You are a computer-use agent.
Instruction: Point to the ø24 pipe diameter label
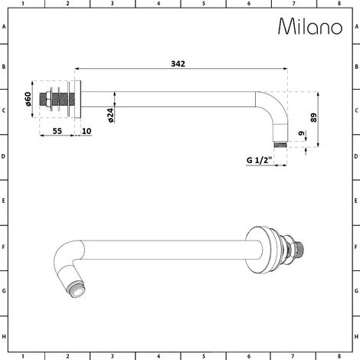[111, 115]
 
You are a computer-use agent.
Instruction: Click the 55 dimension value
[57, 132]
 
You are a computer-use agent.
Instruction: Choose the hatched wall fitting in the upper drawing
[60, 101]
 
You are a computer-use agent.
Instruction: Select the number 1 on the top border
[23, 4]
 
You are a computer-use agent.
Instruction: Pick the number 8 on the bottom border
[338, 356]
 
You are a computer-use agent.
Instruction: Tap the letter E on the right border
[355, 202]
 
